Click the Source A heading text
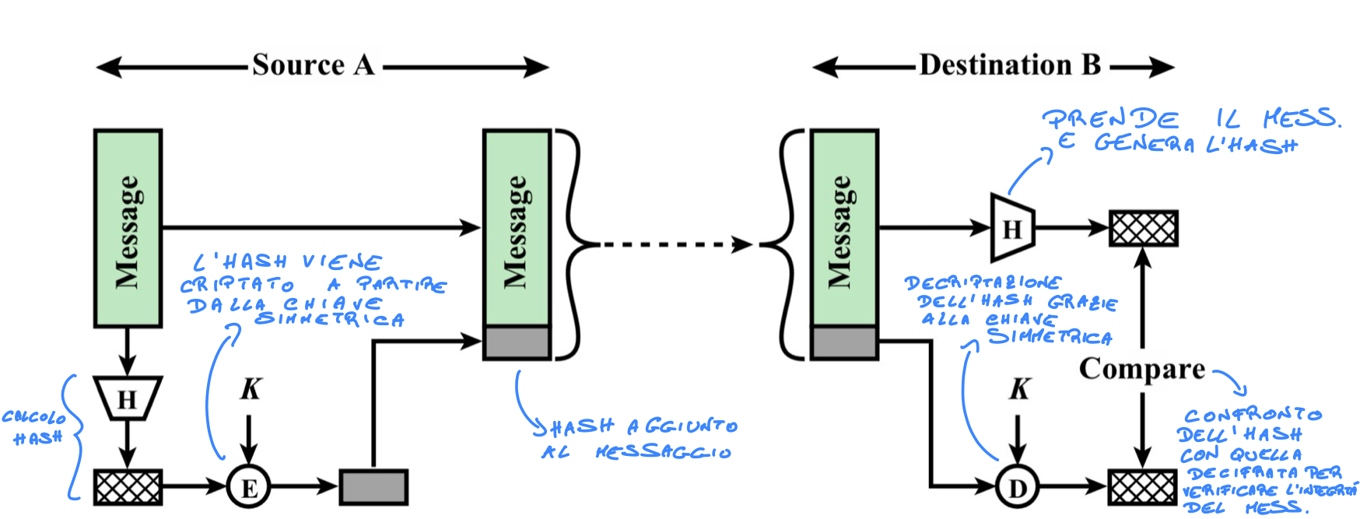click(313, 65)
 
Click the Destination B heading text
click(1009, 65)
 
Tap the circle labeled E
click(249, 488)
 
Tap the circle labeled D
click(1017, 488)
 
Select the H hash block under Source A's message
click(127, 398)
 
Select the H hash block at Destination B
click(1011, 229)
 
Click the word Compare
click(1141, 369)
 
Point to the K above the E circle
click(251, 389)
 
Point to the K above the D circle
click(1019, 389)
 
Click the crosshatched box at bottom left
click(128, 488)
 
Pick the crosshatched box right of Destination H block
click(1143, 229)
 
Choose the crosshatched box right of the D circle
click(1142, 488)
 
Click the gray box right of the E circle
click(373, 488)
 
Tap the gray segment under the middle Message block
click(517, 343)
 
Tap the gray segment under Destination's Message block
click(844, 343)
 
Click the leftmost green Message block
click(128, 228)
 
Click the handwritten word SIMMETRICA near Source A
click(329, 320)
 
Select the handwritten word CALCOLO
click(33, 418)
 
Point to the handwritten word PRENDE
click(1110, 119)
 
